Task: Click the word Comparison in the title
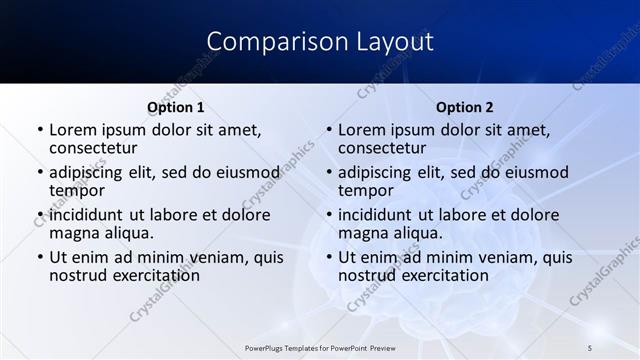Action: pos(265,42)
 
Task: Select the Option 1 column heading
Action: pos(176,107)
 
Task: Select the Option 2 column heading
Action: pos(465,107)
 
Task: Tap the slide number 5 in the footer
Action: pos(590,348)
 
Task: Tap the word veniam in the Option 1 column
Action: pos(206,258)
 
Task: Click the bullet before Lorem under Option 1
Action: pos(39,130)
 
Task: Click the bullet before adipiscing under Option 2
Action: pos(328,173)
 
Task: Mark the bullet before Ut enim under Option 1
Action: pos(39,258)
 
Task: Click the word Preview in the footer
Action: pos(385,348)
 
